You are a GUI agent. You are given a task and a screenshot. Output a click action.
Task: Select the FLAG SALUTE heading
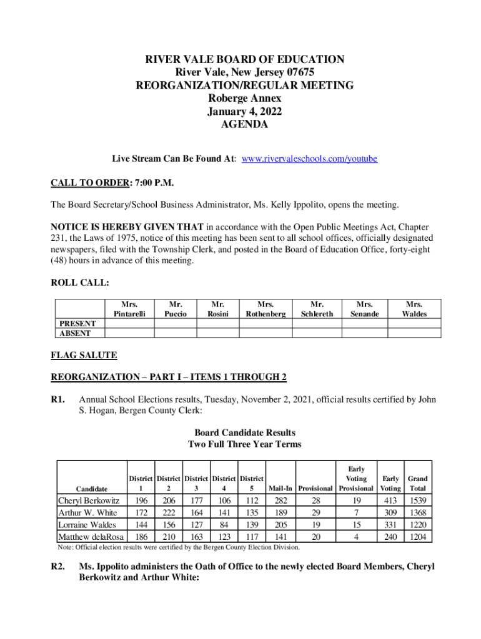pos(84,355)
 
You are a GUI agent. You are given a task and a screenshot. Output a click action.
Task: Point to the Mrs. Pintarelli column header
pos(129,309)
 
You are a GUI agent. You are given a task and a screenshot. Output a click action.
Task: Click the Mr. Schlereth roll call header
pos(317,309)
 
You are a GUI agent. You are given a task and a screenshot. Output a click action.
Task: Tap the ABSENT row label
pos(74,333)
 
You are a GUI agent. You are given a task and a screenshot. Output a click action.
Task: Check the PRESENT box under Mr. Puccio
pos(176,323)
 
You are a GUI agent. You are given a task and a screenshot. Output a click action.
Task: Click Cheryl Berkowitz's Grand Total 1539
pos(415,500)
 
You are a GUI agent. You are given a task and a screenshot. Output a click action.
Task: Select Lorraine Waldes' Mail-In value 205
pos(280,525)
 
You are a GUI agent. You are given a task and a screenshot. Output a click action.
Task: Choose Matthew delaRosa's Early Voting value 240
pos(390,537)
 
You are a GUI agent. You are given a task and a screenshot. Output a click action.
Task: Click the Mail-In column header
pos(280,488)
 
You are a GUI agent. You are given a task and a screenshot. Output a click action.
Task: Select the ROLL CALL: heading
pos(79,283)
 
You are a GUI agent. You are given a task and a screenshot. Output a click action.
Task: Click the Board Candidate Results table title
pos(245,432)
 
